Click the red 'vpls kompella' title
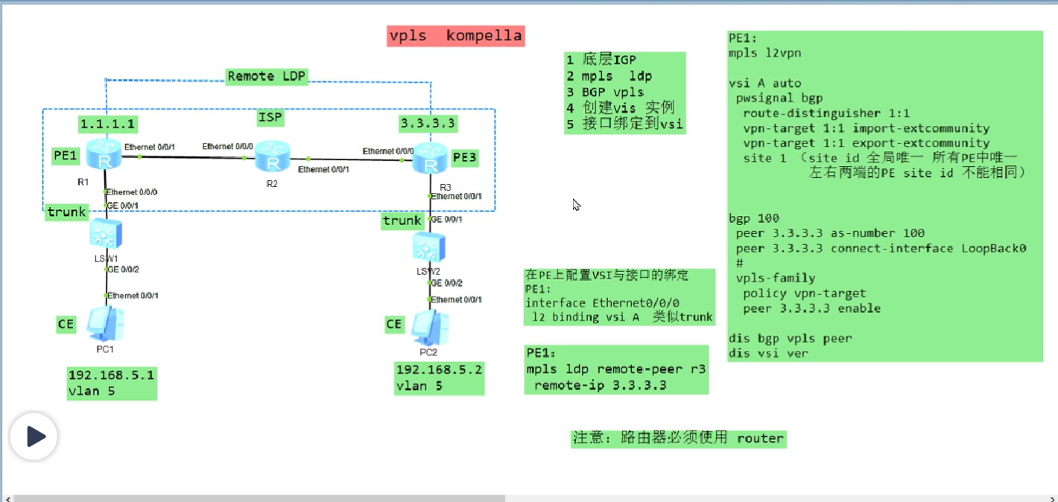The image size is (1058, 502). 455,36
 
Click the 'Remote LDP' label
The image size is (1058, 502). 267,76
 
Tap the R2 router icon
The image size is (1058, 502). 271,158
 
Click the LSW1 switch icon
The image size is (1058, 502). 104,234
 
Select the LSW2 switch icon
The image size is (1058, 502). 429,245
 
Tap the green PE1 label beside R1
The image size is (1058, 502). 65,156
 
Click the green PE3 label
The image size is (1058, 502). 464,157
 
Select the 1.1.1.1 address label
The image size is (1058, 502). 107,124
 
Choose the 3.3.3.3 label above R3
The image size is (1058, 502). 428,122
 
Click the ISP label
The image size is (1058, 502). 270,117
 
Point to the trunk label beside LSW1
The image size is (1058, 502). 66,212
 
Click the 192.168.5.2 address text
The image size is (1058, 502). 439,370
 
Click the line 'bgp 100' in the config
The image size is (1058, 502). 754,218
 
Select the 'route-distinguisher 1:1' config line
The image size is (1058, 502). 826,113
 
